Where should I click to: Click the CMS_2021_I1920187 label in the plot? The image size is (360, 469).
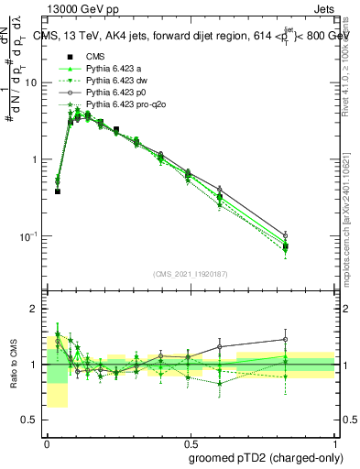191,274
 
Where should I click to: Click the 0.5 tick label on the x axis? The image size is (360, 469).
190,441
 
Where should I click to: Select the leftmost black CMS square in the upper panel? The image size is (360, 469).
58,191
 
